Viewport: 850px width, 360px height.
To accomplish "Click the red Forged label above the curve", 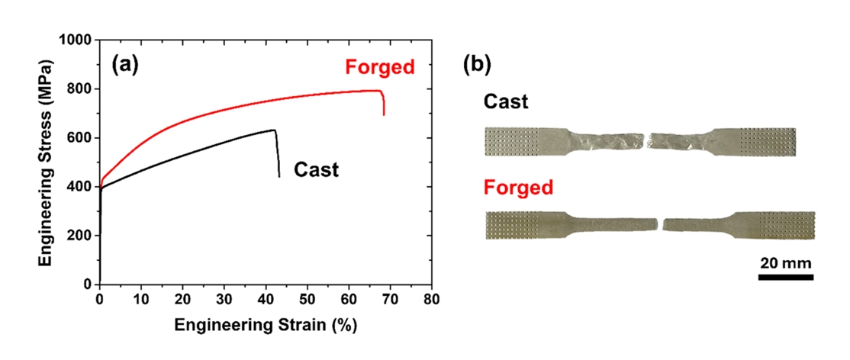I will tap(379, 67).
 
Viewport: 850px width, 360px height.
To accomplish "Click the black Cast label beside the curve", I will tap(316, 169).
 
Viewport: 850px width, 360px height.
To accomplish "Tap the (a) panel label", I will tap(124, 65).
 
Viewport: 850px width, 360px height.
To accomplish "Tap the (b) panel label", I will tap(478, 65).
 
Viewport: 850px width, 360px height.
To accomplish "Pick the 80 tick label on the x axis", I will tap(432, 298).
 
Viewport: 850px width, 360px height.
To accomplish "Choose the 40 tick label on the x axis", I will tap(266, 298).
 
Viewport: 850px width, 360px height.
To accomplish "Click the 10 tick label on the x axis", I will tap(141, 298).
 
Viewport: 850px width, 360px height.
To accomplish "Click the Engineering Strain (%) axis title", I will tap(266, 325).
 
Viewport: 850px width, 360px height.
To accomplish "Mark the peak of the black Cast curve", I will tap(274, 130).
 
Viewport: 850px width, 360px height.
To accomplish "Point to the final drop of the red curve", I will tap(383, 103).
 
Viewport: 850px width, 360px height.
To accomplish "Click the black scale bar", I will tap(785, 277).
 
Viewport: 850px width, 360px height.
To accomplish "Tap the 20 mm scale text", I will tap(785, 262).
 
